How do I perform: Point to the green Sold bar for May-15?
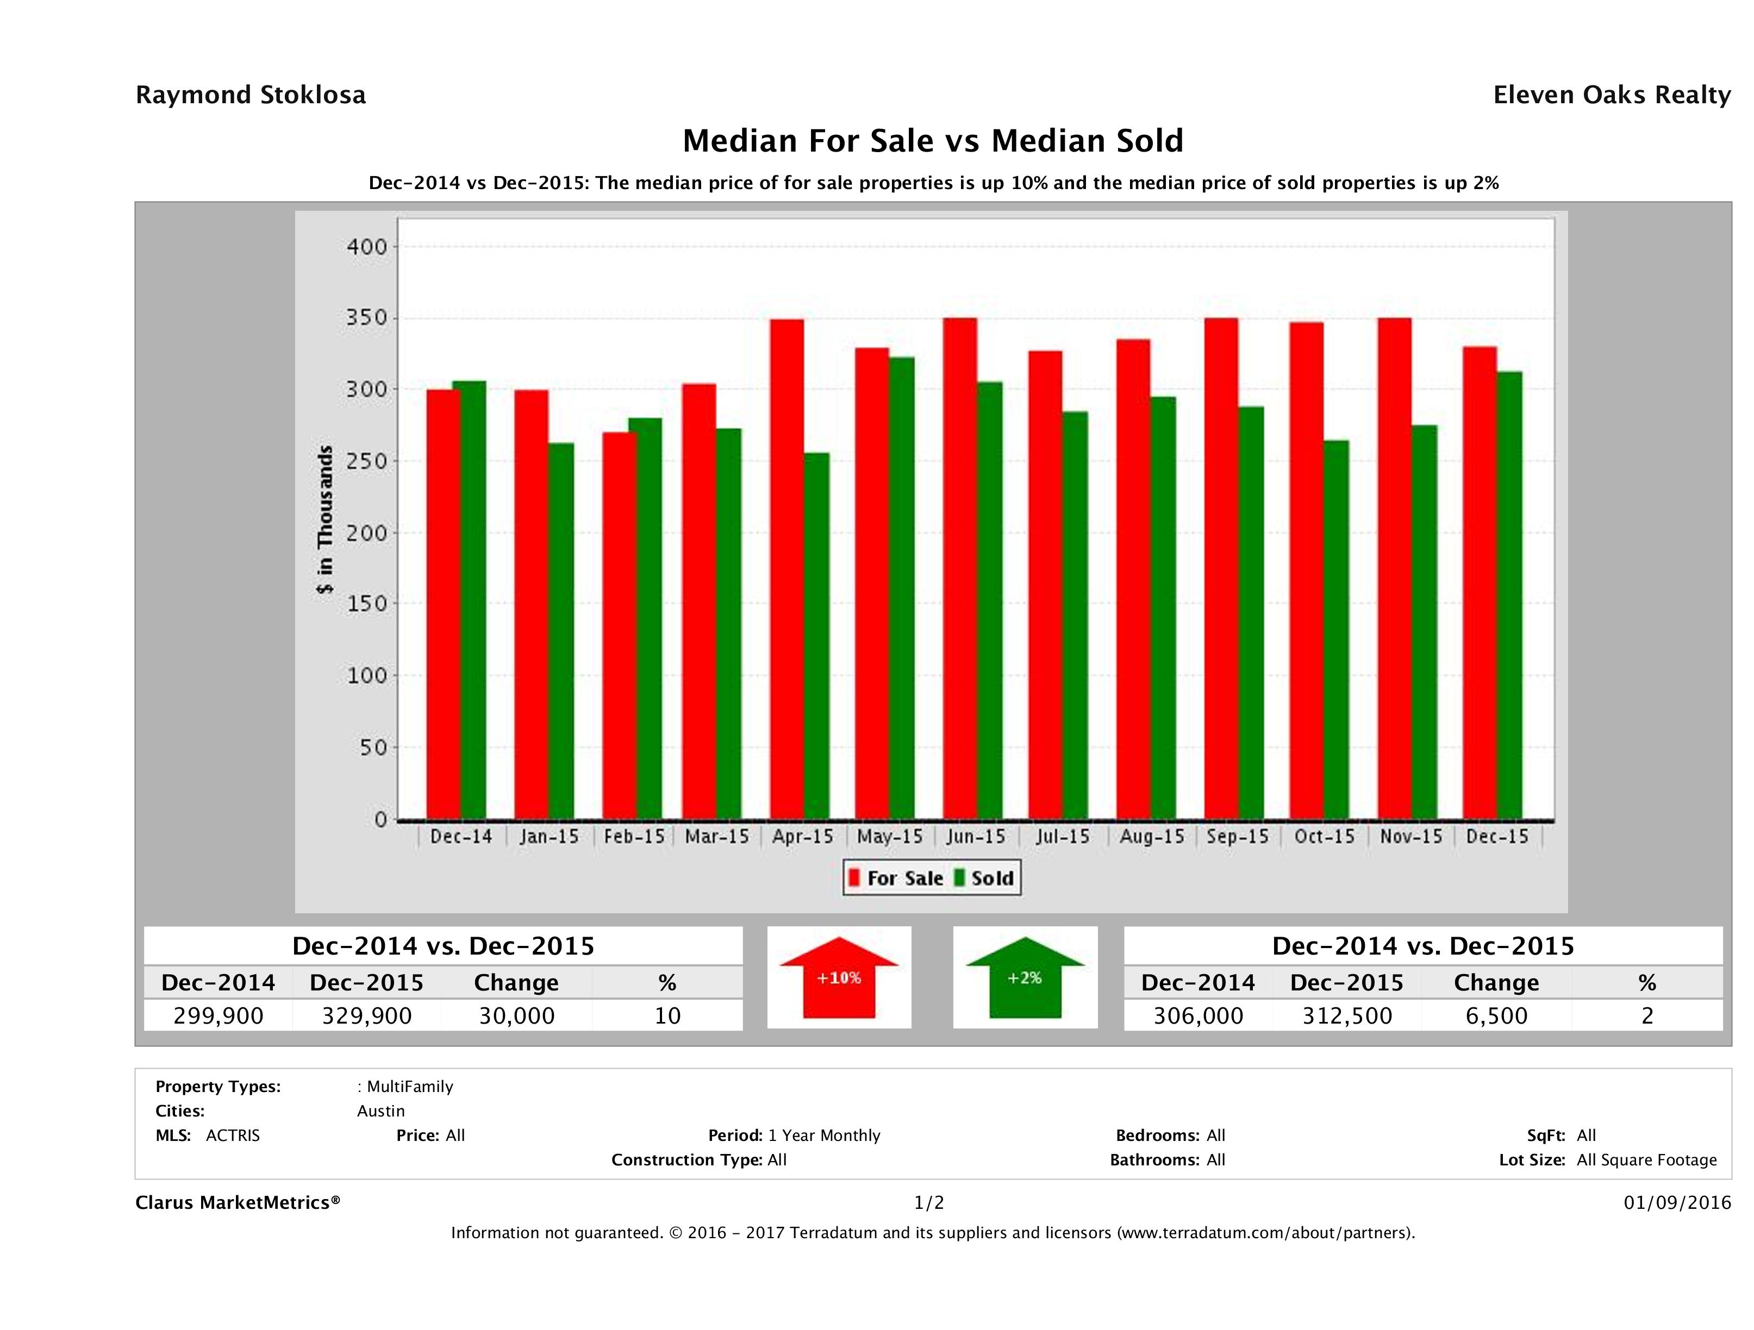pos(902,587)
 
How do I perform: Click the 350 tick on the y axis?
pos(366,318)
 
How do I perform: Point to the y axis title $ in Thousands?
pos(325,519)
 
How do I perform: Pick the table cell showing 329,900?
pos(366,1015)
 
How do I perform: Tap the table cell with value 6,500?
pos(1495,1015)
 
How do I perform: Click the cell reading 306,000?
pos(1197,1015)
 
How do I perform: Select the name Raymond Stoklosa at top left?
pos(251,95)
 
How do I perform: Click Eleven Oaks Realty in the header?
pos(1611,95)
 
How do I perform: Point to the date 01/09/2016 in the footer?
pos(1677,1202)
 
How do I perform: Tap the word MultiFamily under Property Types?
pos(409,1087)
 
